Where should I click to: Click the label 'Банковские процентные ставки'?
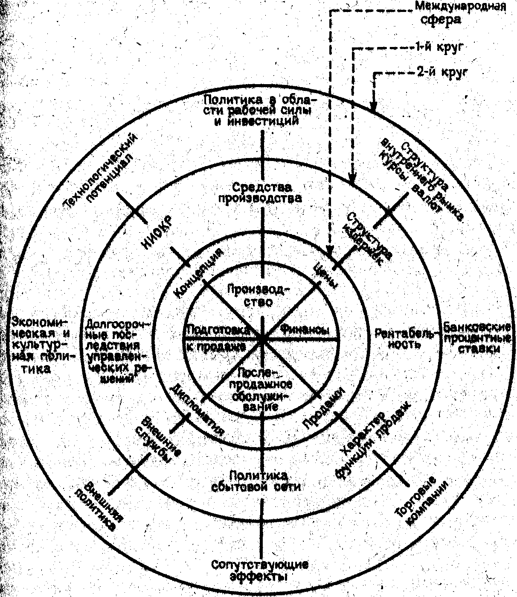(477, 338)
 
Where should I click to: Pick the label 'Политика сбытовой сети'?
(258, 481)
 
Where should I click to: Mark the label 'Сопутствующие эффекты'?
(260, 570)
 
